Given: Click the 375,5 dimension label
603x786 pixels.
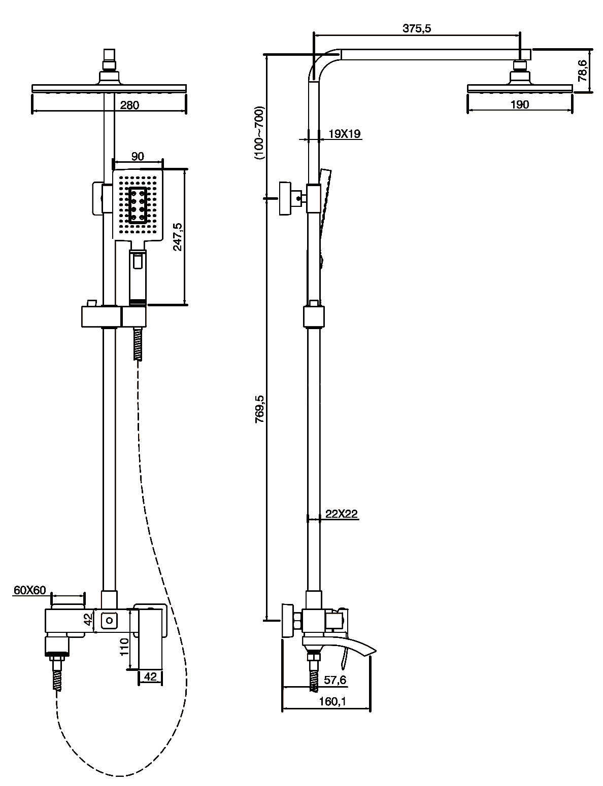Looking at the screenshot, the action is (x=417, y=28).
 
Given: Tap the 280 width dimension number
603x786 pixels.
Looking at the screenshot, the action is (x=129, y=105).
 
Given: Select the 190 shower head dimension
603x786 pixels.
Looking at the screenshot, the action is (x=519, y=104).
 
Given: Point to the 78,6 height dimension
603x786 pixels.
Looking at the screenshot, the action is (x=582, y=70).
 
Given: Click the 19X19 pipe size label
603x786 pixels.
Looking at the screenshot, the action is (x=344, y=134).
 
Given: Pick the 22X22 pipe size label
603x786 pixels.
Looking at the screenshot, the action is (x=341, y=514).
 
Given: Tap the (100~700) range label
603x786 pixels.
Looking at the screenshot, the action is (x=259, y=132).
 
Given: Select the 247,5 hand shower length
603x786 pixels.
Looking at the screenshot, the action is (x=177, y=237).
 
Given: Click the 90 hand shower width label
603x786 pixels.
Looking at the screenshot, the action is (x=138, y=156).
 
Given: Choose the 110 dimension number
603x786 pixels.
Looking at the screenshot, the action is (x=124, y=647).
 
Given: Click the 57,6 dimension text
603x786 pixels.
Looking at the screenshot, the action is (x=334, y=680).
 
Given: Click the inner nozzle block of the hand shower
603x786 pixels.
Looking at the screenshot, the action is (x=138, y=205).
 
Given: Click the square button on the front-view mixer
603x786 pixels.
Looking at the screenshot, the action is (x=109, y=620).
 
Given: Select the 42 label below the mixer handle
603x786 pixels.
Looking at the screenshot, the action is (x=150, y=676).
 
